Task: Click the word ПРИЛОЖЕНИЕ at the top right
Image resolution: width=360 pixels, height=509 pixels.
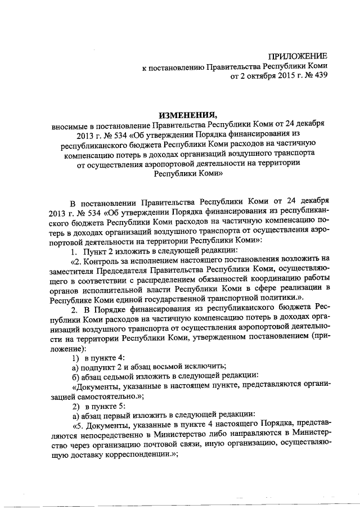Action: [x=297, y=56]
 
